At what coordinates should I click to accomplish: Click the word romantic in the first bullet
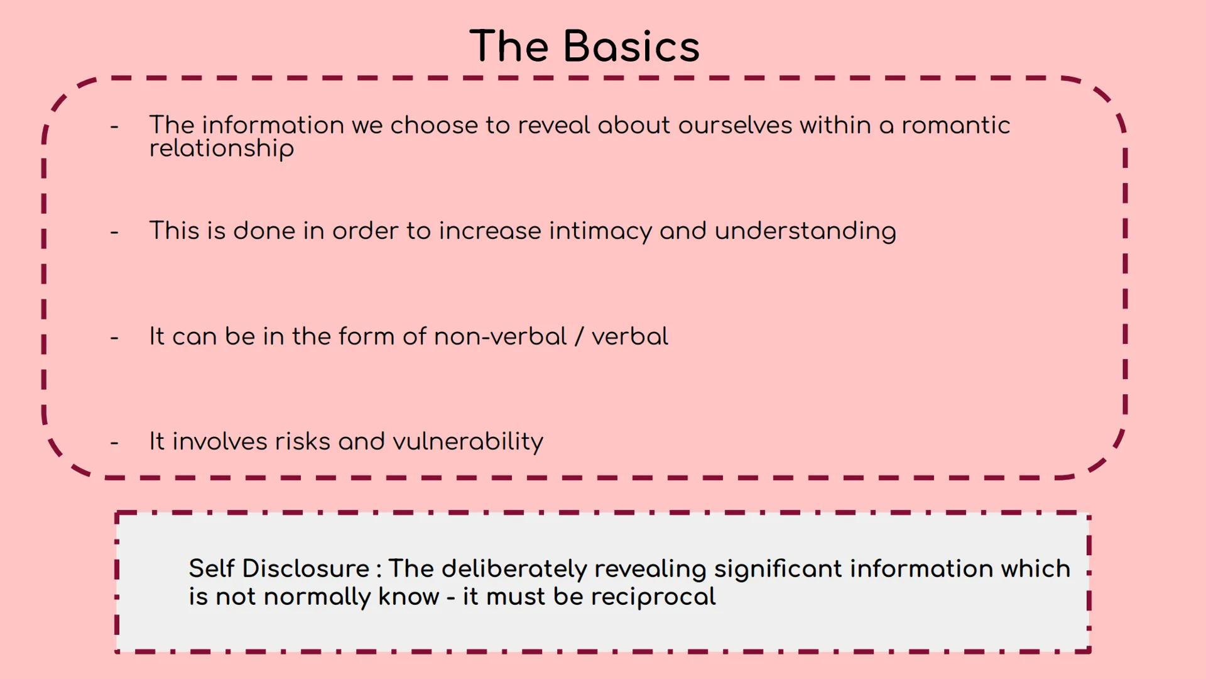(x=956, y=125)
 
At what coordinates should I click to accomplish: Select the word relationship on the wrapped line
(x=222, y=149)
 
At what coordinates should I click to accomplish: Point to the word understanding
(x=805, y=231)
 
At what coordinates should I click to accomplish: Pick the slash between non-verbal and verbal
(x=579, y=336)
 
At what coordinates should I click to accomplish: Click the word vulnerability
(x=468, y=442)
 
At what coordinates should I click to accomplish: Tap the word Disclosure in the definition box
(x=306, y=568)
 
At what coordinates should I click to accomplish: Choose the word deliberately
(x=514, y=569)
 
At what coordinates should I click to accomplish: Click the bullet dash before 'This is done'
(x=114, y=233)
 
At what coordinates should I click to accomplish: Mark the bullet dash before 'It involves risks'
(x=114, y=443)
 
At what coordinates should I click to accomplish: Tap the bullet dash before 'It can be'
(x=114, y=338)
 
